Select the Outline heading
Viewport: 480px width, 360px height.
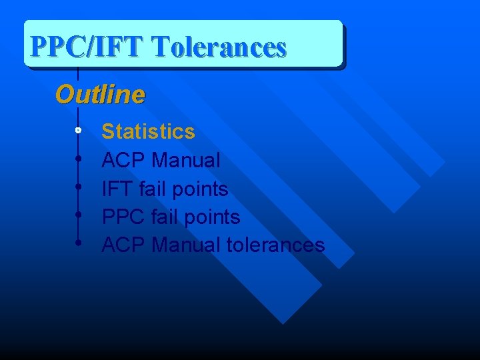tap(99, 95)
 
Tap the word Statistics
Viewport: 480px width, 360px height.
tap(148, 131)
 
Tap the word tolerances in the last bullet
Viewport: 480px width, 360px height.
tap(275, 245)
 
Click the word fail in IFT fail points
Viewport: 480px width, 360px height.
tap(153, 189)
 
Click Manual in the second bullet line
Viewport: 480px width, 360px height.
tap(186, 161)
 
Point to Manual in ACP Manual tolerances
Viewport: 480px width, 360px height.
tap(186, 245)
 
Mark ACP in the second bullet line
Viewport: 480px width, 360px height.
tap(124, 161)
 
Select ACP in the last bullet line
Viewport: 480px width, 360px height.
tap(124, 245)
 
